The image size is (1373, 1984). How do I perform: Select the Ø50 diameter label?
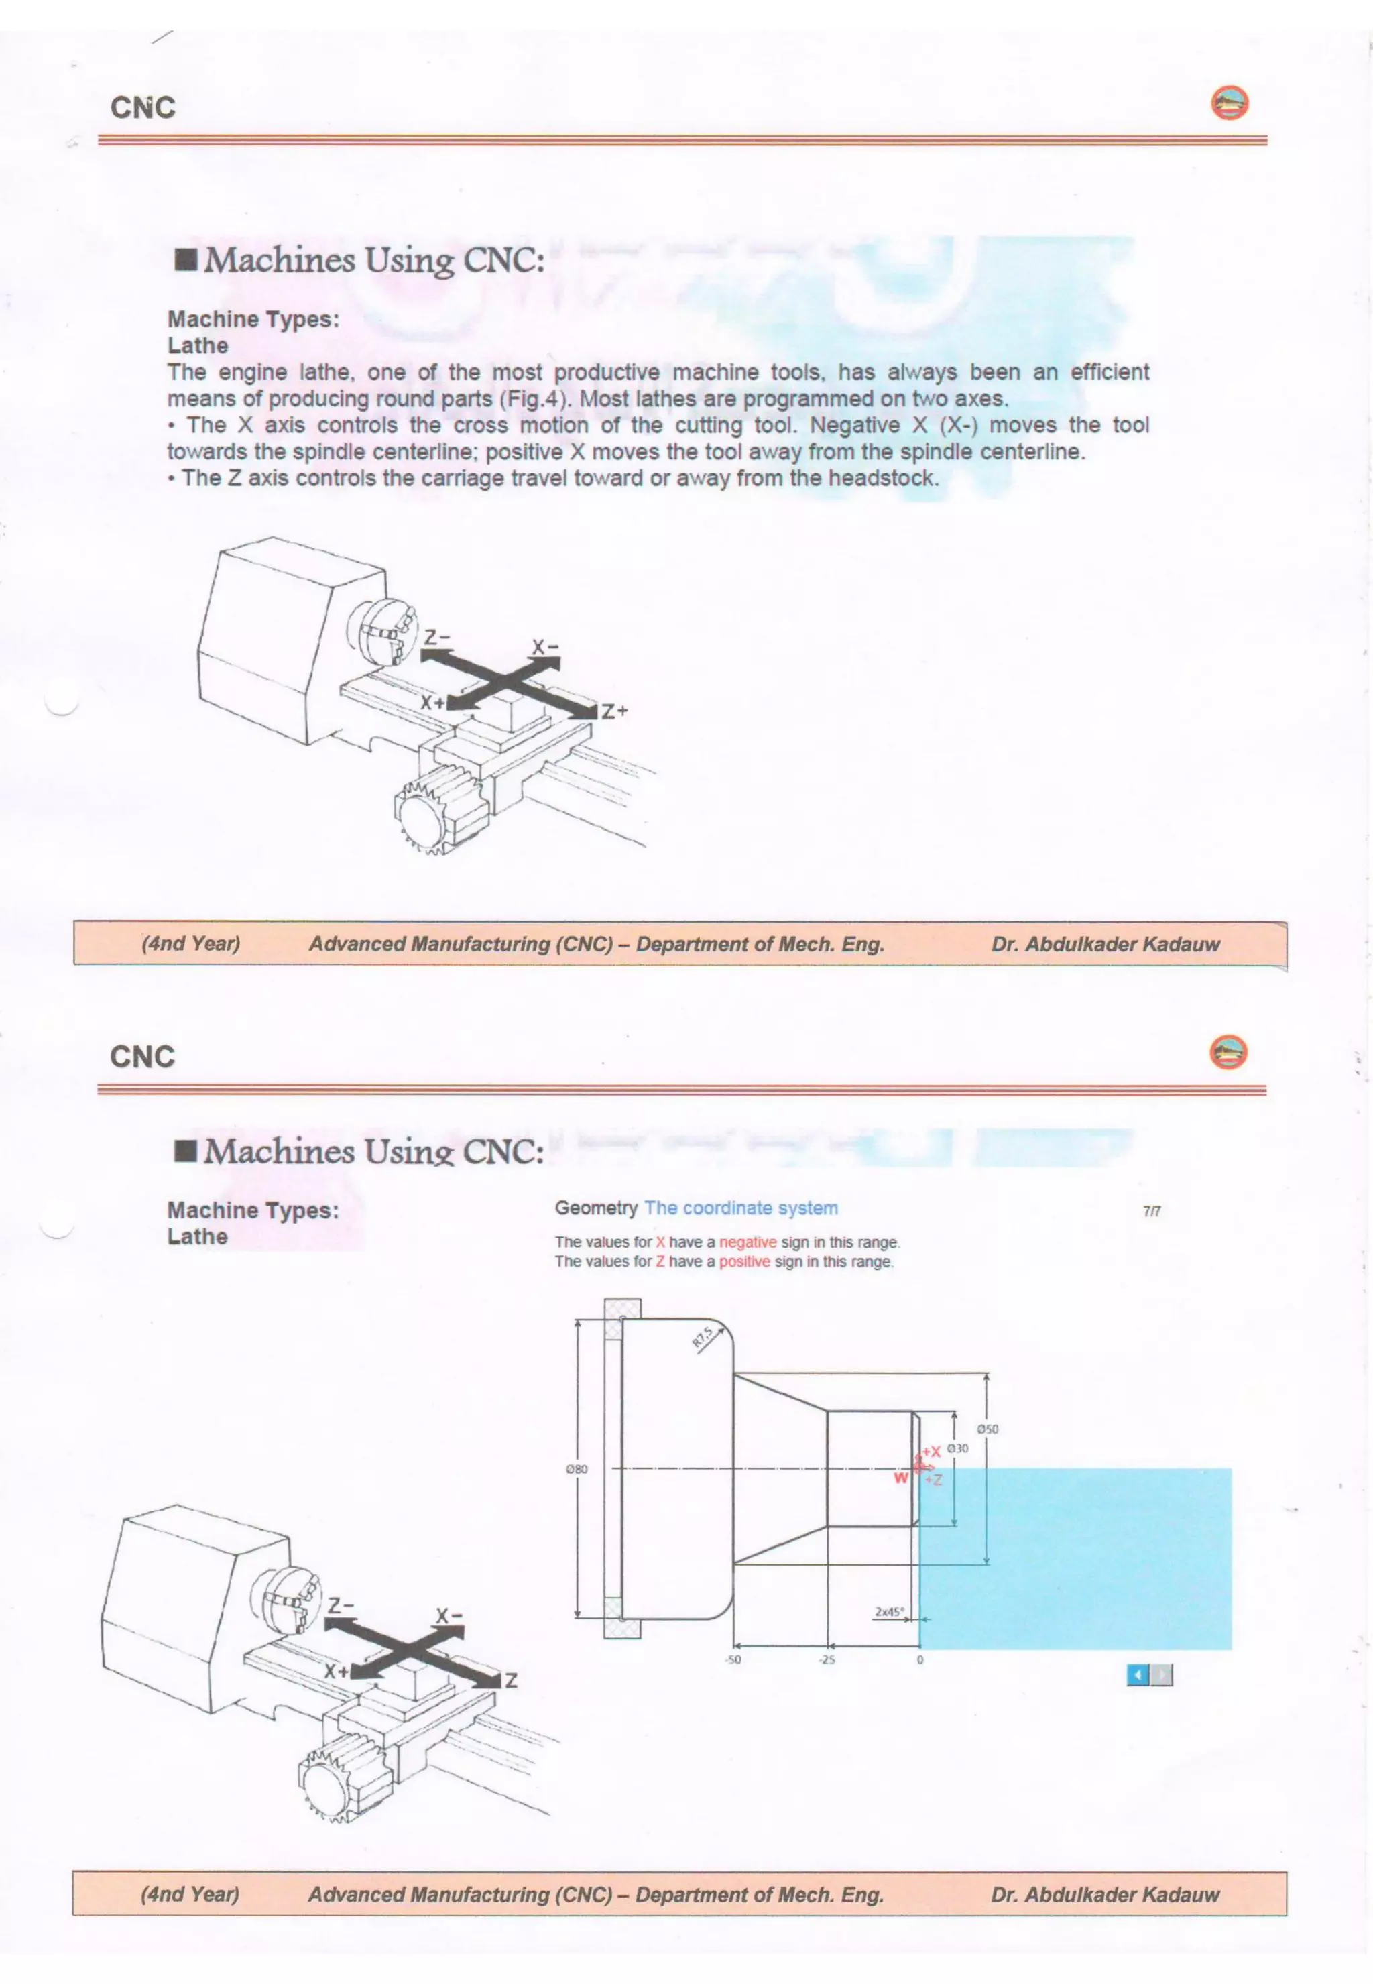click(x=988, y=1429)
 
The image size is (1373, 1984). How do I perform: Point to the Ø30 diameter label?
click(x=957, y=1448)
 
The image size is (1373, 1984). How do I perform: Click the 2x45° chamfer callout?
click(x=889, y=1611)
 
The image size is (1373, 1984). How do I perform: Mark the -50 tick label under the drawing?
click(x=732, y=1659)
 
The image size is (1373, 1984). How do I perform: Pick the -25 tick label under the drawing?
click(x=826, y=1659)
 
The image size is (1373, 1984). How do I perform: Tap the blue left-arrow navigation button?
click(x=1137, y=1674)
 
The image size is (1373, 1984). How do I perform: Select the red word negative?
click(x=747, y=1242)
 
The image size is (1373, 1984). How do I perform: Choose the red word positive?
click(x=744, y=1261)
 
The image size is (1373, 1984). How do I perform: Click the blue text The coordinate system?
click(x=741, y=1208)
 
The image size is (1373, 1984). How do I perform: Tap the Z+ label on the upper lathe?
click(x=614, y=711)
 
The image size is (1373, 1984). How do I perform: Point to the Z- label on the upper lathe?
click(x=437, y=638)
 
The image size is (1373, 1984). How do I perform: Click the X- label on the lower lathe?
click(x=449, y=1616)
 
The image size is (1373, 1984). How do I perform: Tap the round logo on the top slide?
click(x=1230, y=103)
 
